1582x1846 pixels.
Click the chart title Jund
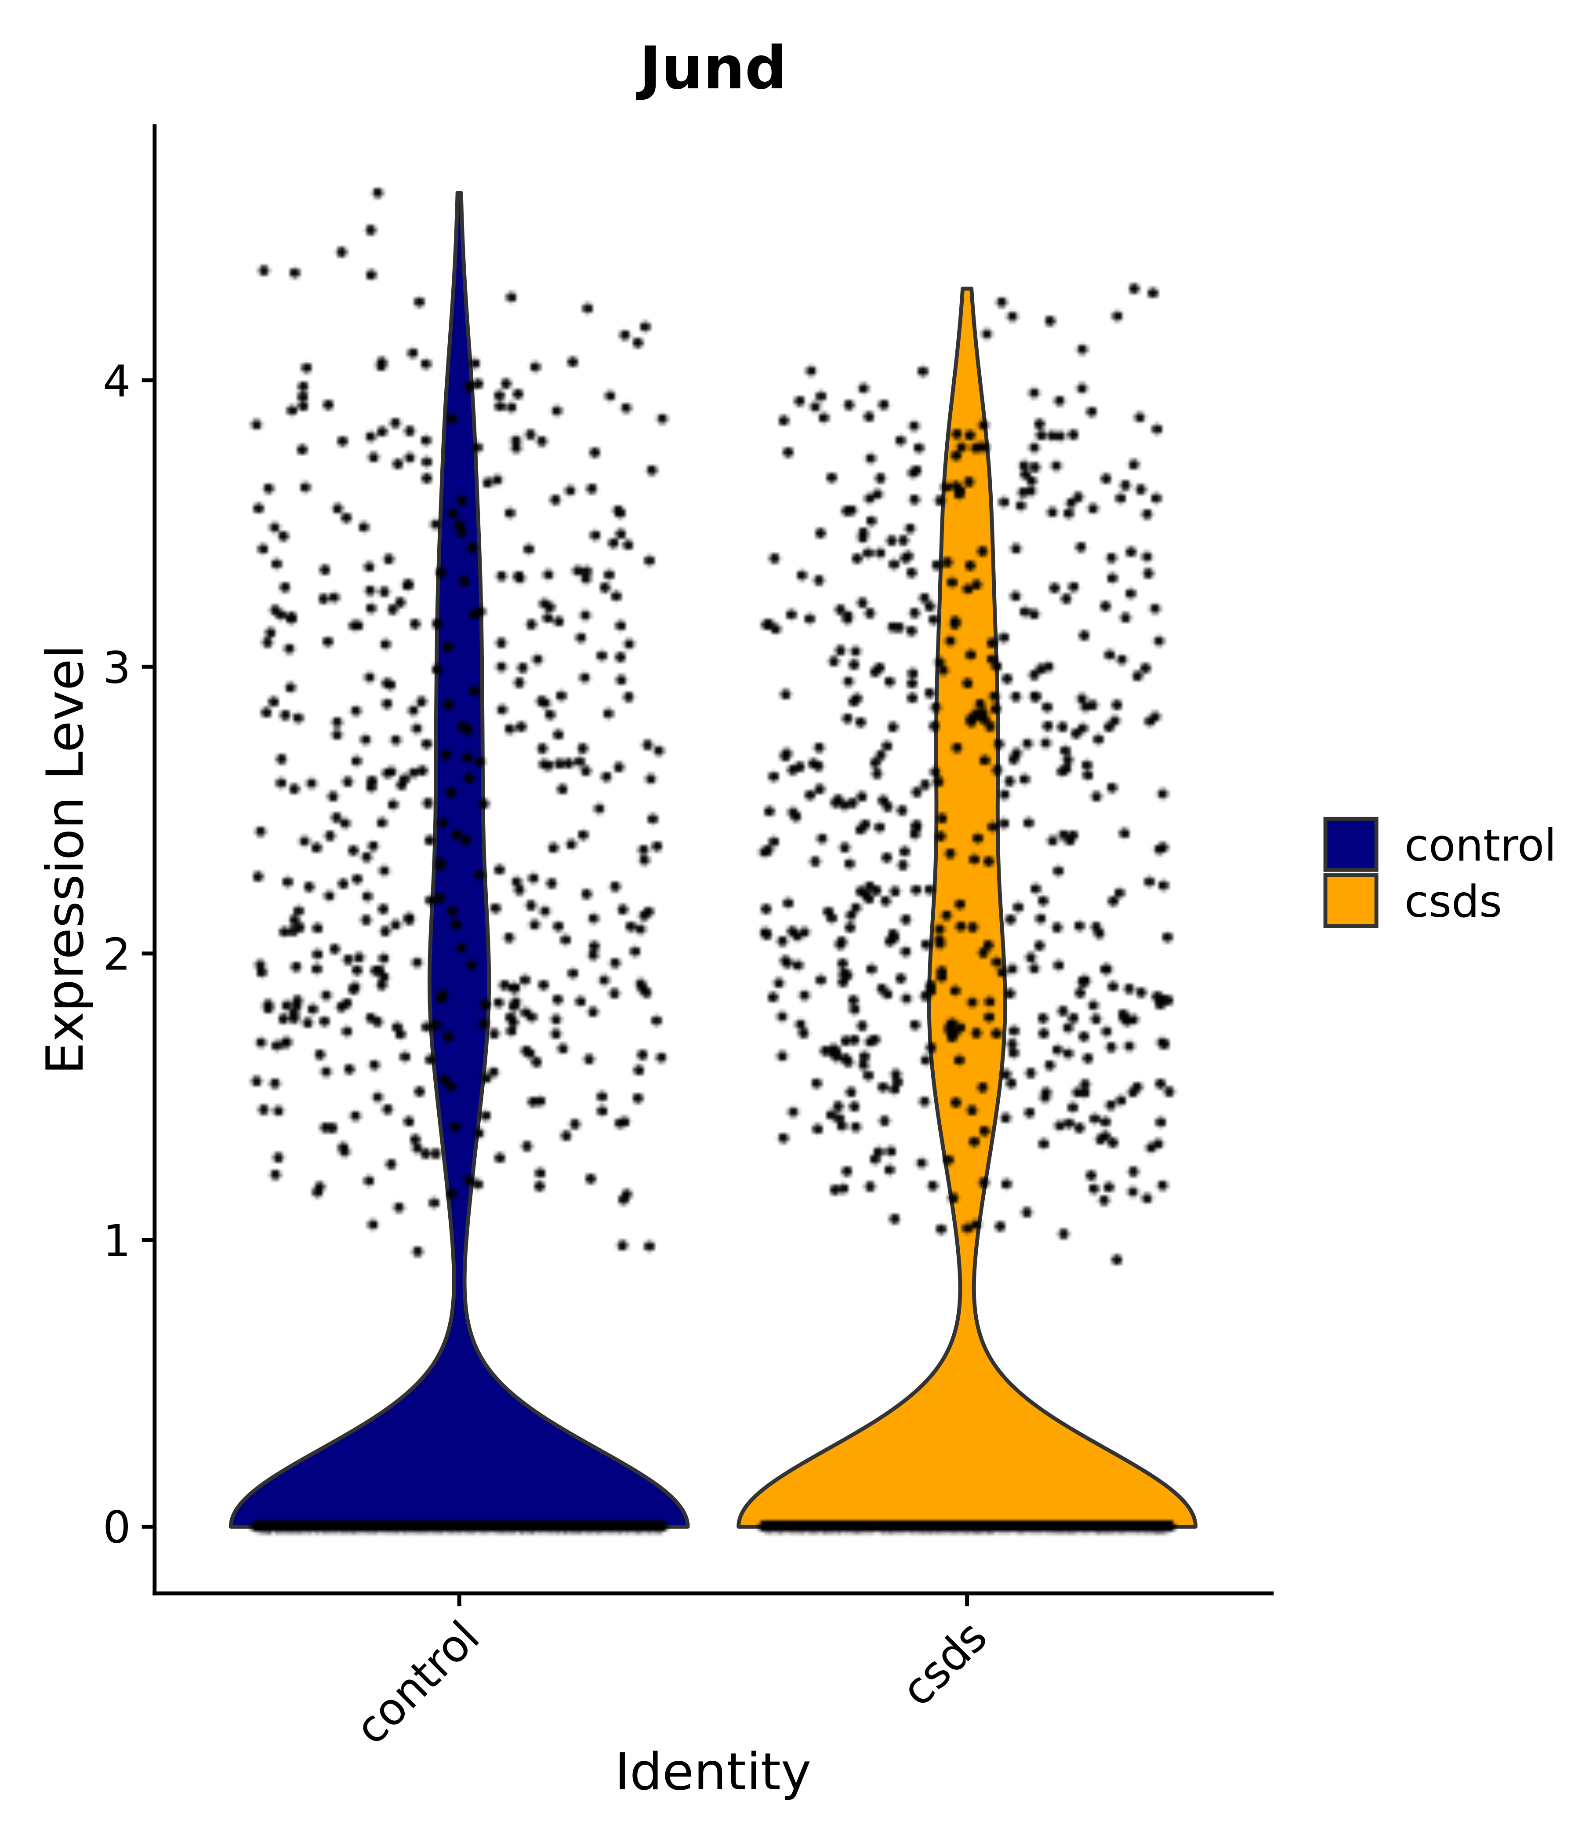tap(712, 69)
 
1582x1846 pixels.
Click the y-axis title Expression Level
tap(66, 859)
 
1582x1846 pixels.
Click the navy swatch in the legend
tap(1350, 844)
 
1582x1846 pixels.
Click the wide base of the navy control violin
tap(459, 1479)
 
